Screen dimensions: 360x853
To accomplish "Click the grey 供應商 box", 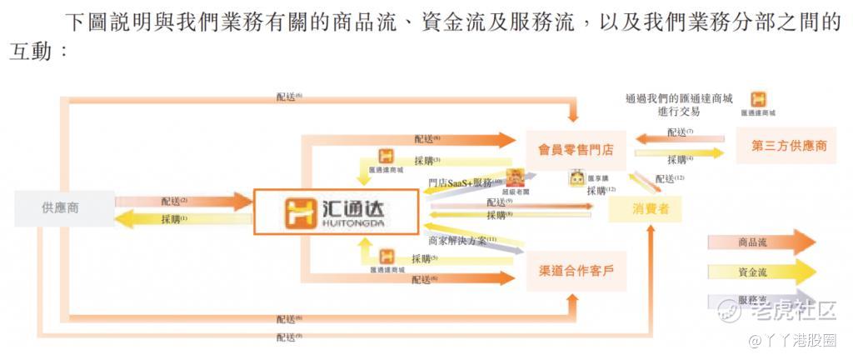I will (x=64, y=207).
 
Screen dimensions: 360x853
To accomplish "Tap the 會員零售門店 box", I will (x=575, y=150).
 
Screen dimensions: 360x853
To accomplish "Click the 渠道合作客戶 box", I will (x=576, y=271).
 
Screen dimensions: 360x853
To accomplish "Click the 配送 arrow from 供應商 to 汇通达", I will (x=183, y=201).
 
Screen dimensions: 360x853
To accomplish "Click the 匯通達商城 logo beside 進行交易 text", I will (x=759, y=100).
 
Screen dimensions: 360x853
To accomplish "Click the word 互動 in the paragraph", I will (x=28, y=51).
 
